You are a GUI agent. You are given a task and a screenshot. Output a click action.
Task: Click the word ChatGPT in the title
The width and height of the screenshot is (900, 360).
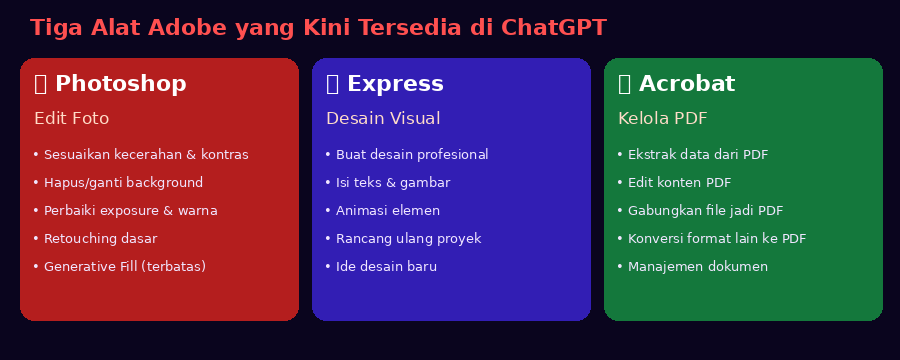click(x=553, y=28)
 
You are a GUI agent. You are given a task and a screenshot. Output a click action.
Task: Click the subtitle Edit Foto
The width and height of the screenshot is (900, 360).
click(x=72, y=118)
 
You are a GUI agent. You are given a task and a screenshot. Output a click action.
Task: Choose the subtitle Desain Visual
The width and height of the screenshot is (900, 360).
click(x=383, y=118)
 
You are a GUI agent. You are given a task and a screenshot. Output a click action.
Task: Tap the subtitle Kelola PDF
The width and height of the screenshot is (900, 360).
click(x=662, y=118)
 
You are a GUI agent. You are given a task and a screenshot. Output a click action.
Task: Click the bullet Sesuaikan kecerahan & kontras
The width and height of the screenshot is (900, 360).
click(x=141, y=154)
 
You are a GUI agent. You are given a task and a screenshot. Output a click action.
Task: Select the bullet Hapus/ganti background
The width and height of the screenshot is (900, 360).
click(x=118, y=183)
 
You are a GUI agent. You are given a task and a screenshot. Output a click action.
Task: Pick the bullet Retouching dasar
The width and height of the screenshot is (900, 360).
click(x=95, y=238)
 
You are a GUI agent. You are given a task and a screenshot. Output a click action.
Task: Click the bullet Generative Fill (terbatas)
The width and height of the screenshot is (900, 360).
click(x=119, y=266)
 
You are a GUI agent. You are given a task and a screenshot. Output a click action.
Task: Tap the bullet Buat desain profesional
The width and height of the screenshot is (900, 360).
click(x=406, y=154)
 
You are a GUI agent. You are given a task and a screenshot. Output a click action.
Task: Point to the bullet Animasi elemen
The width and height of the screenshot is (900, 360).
click(x=382, y=211)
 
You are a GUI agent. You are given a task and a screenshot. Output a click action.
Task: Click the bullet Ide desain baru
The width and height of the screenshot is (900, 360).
click(x=381, y=266)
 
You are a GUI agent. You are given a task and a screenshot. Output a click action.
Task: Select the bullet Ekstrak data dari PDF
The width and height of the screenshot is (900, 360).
click(x=692, y=154)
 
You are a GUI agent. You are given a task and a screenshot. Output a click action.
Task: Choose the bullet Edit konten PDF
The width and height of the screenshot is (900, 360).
click(x=674, y=183)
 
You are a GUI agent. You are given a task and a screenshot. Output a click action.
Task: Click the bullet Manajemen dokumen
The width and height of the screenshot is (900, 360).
click(x=692, y=266)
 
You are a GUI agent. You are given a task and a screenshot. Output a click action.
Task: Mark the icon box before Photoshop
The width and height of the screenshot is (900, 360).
click(x=40, y=84)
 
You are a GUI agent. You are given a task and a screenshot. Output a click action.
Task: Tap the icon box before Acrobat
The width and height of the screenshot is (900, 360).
click(x=624, y=84)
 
